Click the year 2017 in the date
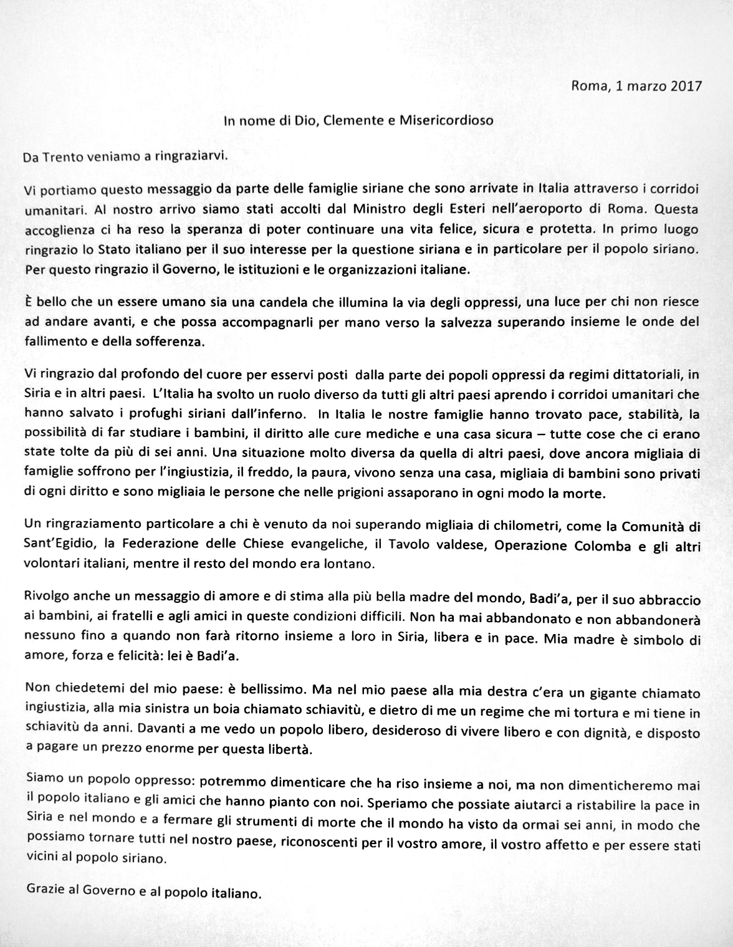[x=686, y=85]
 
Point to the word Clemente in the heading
[x=352, y=120]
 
